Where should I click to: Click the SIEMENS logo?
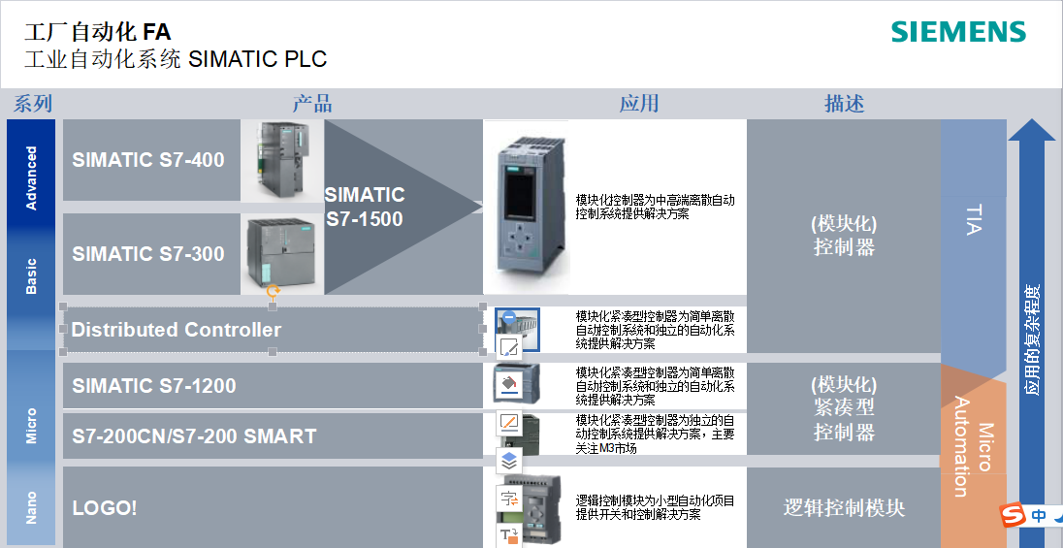pyautogui.click(x=958, y=32)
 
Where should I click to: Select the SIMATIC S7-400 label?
pyautogui.click(x=147, y=160)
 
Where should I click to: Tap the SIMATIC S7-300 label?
pyautogui.click(x=147, y=254)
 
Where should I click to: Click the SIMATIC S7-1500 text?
pyautogui.click(x=365, y=207)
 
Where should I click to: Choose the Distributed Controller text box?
pyautogui.click(x=177, y=330)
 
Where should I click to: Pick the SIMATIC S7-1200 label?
pyautogui.click(x=153, y=386)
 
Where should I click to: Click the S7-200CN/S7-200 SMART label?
pyautogui.click(x=194, y=436)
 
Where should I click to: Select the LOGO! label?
pyautogui.click(x=105, y=507)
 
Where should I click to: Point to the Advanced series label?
pyautogui.click(x=32, y=177)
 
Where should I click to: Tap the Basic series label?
pyautogui.click(x=32, y=276)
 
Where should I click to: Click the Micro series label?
pyautogui.click(x=32, y=426)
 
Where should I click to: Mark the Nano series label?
pyautogui.click(x=32, y=507)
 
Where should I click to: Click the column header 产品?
pyautogui.click(x=312, y=104)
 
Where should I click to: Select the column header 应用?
pyautogui.click(x=639, y=104)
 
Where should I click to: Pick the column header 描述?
pyautogui.click(x=844, y=104)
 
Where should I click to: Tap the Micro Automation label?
pyautogui.click(x=973, y=446)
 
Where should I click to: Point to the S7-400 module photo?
pyautogui.click(x=281, y=160)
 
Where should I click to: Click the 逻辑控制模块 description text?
pyautogui.click(x=844, y=507)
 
